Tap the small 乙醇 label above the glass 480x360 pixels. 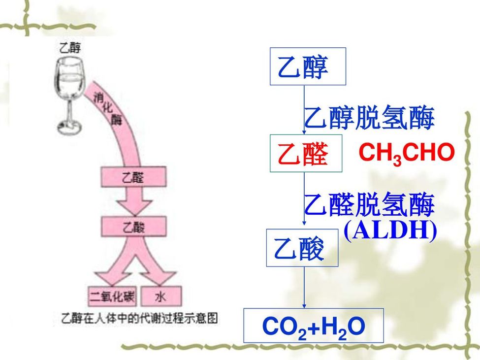click(x=70, y=48)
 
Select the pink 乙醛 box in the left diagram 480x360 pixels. click(x=133, y=178)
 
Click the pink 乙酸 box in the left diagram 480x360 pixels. click(x=133, y=227)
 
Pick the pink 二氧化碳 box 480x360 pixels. click(x=112, y=296)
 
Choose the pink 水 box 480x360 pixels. click(x=160, y=296)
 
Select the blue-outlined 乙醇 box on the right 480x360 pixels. click(x=308, y=66)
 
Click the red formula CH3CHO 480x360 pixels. click(x=406, y=154)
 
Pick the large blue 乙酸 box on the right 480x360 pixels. click(x=302, y=248)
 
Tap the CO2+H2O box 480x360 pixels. click(x=314, y=326)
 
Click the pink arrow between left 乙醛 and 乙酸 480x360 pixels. click(x=133, y=201)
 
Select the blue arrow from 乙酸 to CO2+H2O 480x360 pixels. click(x=304, y=288)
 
